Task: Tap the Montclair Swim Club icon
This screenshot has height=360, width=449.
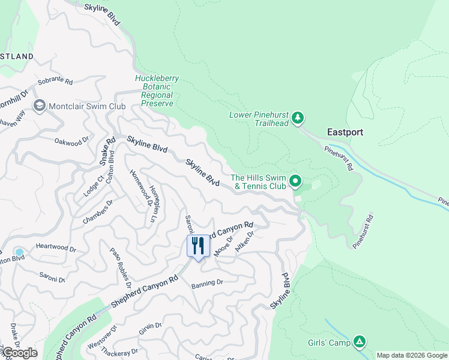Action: click(x=40, y=106)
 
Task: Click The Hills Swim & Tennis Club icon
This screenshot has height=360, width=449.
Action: click(x=295, y=181)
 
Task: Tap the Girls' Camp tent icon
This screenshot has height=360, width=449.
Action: click(x=359, y=342)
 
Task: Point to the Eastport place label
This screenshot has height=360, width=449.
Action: click(x=345, y=132)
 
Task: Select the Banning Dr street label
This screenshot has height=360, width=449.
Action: click(x=207, y=283)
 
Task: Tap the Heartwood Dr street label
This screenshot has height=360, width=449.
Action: click(x=56, y=248)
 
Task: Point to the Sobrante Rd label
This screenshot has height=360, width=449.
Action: click(x=55, y=82)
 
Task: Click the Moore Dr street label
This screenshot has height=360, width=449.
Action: click(x=223, y=246)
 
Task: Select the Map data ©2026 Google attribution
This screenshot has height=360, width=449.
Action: click(x=411, y=355)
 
